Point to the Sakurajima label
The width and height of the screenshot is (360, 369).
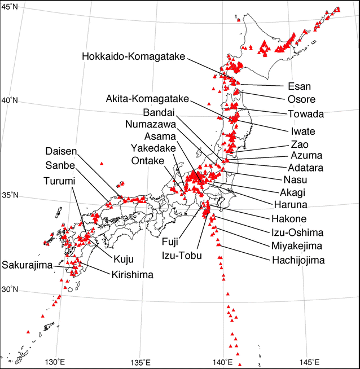coord(28,265)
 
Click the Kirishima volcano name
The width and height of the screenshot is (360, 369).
coord(131,274)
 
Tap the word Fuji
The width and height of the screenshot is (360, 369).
coord(169,241)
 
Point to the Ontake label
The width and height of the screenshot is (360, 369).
coord(148,161)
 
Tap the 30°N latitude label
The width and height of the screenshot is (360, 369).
coord(10,290)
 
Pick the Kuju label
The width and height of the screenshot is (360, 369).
coord(124,260)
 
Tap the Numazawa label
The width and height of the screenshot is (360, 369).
coord(151,124)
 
